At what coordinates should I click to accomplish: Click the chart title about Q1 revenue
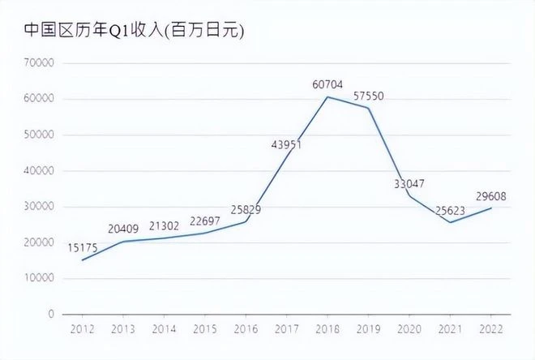pyautogui.click(x=134, y=30)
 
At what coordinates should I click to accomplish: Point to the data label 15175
pyautogui.click(x=84, y=246)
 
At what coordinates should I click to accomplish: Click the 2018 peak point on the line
pyautogui.click(x=327, y=97)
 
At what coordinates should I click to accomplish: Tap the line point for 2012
pyautogui.click(x=82, y=260)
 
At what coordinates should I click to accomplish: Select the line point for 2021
pyautogui.click(x=450, y=222)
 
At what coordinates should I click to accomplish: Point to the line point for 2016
pyautogui.click(x=246, y=221)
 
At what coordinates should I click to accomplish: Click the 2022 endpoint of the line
pyautogui.click(x=490, y=208)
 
